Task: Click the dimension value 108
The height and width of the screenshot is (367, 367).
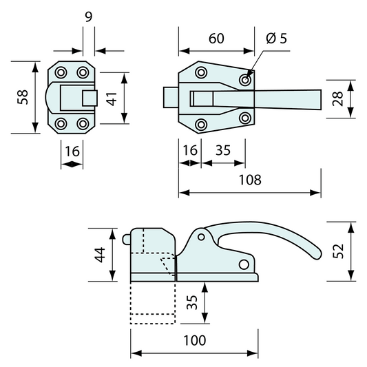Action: click(250, 180)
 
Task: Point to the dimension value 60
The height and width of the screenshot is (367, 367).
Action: click(216, 38)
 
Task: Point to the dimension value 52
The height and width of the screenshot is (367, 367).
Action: click(338, 251)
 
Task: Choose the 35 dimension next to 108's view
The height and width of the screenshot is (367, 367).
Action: click(222, 149)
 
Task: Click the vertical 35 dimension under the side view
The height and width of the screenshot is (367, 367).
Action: click(193, 301)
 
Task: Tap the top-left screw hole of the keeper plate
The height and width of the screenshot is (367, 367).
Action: click(61, 72)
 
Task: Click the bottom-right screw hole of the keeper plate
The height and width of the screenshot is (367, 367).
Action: click(83, 124)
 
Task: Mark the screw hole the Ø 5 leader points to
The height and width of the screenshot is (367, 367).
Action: click(245, 81)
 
